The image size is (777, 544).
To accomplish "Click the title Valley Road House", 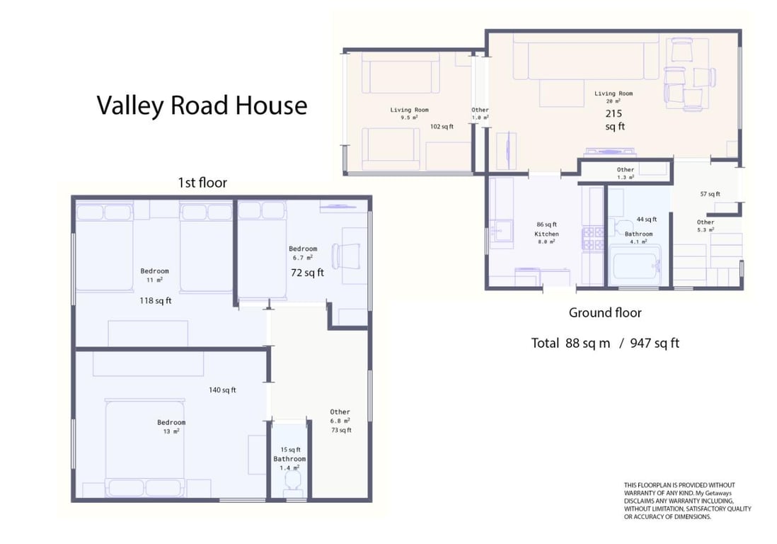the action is coord(202,106).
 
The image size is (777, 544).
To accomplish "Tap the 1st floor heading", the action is coord(202,183).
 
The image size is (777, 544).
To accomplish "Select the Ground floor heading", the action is coord(605,312).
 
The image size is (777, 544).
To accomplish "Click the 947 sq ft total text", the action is coord(654,343).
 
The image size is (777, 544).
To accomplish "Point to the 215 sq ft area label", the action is coord(614,120).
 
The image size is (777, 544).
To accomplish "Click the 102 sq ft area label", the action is coord(442,127).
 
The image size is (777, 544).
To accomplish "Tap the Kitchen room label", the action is coord(546,234).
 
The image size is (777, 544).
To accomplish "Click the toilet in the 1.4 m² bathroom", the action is coord(292,481).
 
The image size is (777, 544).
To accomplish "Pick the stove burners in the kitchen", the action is coord(593,238).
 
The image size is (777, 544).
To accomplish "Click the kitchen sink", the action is coord(502,231).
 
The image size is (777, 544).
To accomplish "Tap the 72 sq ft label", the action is coord(307,273).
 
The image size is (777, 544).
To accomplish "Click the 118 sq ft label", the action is coord(155,300).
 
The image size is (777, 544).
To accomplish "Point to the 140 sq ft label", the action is coord(222,390).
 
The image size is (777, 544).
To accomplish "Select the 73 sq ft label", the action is coord(341,430).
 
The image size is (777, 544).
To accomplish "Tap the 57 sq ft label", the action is coord(710,194).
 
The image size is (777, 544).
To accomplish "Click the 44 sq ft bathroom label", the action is coord(647,219).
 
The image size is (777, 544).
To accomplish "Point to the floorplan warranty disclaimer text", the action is coord(687,501).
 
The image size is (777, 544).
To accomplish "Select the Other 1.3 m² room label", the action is coord(626,173).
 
